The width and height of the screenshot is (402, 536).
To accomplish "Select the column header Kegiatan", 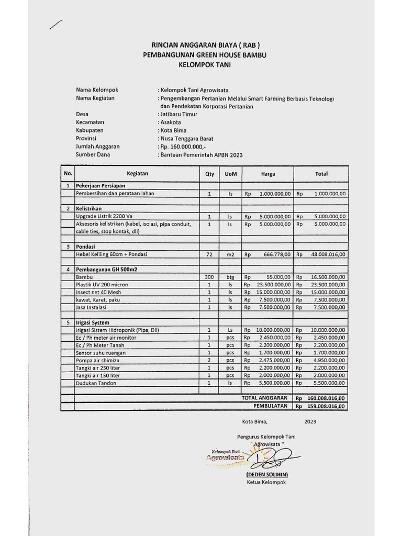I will tap(137, 173).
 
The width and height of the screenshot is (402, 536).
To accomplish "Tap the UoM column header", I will tap(230, 174).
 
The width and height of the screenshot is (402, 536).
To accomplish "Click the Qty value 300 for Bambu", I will tap(209, 277).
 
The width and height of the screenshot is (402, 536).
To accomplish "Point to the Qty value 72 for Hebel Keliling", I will tap(209, 254).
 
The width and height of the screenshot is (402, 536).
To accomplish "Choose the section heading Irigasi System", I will tap(93, 322).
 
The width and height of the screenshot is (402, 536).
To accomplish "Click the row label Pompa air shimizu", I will tap(98, 360).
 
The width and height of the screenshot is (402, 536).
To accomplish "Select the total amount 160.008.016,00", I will tap(326, 398).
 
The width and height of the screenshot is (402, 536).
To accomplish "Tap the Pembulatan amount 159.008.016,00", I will tap(326, 406).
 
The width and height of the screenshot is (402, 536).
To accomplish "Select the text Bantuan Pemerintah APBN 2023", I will tap(202, 155).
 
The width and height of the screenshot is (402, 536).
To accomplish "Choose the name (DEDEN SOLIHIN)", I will tap(267, 474).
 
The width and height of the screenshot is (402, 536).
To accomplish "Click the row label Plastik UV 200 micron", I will tap(102, 284).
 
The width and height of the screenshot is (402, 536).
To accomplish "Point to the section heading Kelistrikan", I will tap(88, 208).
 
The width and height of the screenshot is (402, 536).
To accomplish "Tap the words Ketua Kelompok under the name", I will tap(266, 482).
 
